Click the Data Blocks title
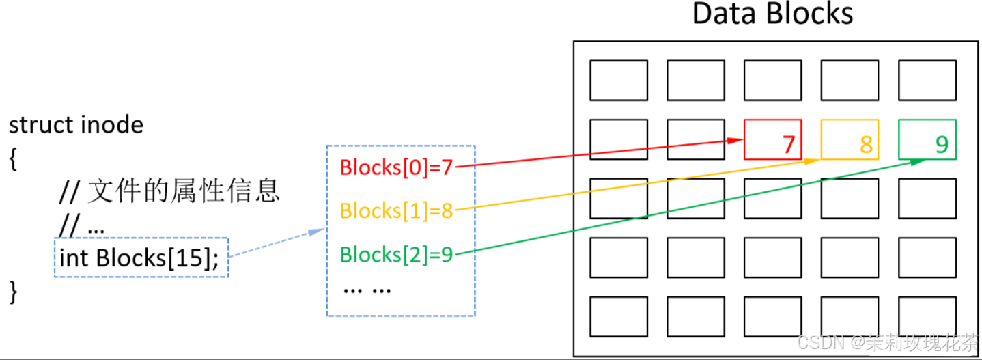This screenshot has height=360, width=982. pyautogui.click(x=772, y=14)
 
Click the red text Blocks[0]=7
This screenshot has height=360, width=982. pyautogui.click(x=396, y=167)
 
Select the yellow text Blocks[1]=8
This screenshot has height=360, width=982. pyautogui.click(x=396, y=211)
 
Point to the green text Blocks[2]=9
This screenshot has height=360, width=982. pyautogui.click(x=396, y=254)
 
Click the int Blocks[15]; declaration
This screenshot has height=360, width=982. pyautogui.click(x=139, y=258)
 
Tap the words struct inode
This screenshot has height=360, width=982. pyautogui.click(x=76, y=125)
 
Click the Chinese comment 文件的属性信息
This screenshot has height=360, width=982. pyautogui.click(x=184, y=191)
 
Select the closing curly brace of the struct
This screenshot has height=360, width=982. pyautogui.click(x=13, y=292)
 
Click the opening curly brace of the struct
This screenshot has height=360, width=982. pyautogui.click(x=13, y=158)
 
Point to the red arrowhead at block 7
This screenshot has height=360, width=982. pyautogui.click(x=735, y=140)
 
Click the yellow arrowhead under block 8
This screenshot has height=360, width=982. pyautogui.click(x=811, y=161)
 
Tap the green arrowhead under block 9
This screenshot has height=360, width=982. pyautogui.click(x=917, y=162)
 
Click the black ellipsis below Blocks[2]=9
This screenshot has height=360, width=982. pyautogui.click(x=367, y=290)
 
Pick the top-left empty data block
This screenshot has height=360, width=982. pyautogui.click(x=619, y=80)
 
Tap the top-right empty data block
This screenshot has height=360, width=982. pyautogui.click(x=927, y=80)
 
